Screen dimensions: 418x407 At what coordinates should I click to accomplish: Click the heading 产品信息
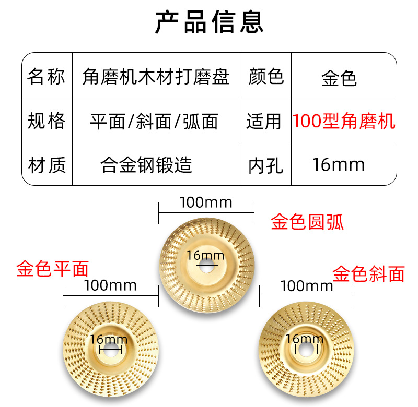coord(209,22)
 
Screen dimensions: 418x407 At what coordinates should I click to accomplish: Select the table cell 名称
coord(47,76)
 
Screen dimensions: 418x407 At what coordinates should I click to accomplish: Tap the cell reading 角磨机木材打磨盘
coord(156,77)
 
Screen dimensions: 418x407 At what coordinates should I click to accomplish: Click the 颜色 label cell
coord(265,77)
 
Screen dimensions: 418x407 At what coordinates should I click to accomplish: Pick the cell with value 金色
coord(339,78)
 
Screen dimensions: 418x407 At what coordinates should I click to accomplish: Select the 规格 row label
coord(47,121)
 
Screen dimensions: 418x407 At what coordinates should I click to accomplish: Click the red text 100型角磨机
coord(343,122)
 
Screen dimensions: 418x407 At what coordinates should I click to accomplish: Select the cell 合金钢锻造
coord(146,165)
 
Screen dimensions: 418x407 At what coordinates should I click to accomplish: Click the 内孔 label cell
coord(265,166)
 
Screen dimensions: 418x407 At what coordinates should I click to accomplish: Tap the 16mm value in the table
coord(338,165)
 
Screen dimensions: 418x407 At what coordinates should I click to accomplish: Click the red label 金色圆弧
coord(307,223)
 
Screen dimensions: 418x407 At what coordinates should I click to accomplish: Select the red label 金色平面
coord(52,269)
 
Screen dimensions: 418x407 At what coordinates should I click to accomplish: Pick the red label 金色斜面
coord(369,273)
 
